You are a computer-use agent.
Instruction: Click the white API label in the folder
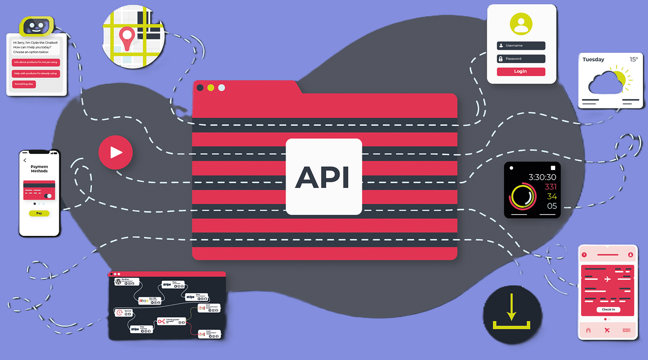(323, 177)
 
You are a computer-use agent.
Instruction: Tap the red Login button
(521, 71)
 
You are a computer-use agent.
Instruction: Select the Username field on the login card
(521, 46)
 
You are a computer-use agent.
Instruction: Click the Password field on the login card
(521, 59)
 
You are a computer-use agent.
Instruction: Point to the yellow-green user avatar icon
(521, 24)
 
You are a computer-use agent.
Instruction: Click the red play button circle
(115, 153)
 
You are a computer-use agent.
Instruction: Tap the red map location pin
(127, 38)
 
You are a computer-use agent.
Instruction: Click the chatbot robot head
(37, 25)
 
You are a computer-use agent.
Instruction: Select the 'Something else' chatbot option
(24, 84)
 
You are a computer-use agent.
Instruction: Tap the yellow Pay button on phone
(39, 213)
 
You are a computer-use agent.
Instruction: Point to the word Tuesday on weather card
(593, 60)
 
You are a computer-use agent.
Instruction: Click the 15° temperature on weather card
(633, 59)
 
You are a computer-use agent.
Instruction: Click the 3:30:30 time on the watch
(542, 177)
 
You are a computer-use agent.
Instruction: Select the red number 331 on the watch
(550, 187)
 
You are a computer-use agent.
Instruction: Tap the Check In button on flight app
(608, 310)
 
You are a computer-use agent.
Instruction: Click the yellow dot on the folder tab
(211, 87)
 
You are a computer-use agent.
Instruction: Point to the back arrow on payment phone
(25, 160)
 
